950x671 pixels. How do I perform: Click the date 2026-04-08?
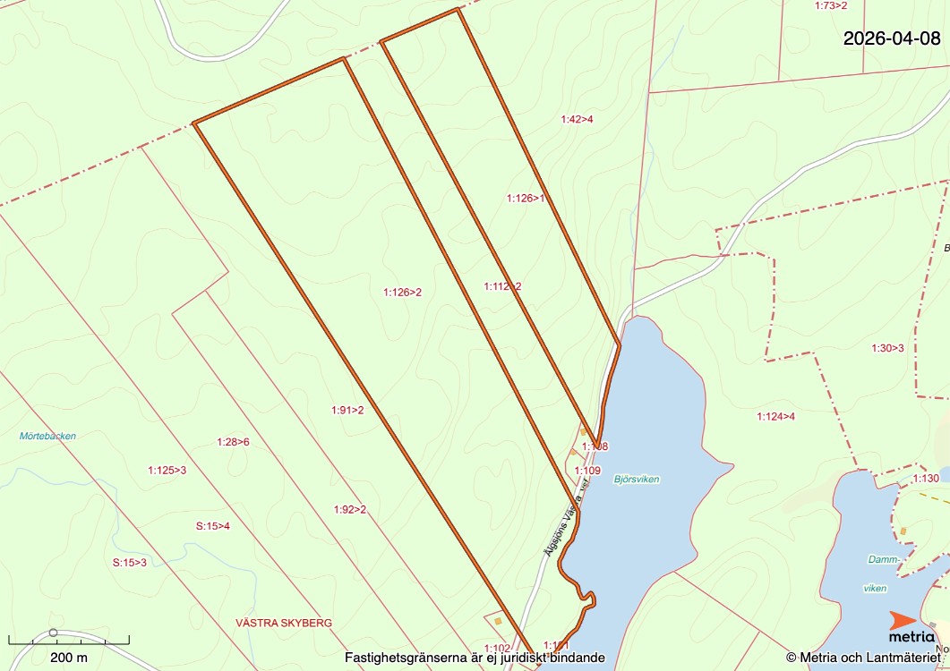892,38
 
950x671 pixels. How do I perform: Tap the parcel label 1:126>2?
402,292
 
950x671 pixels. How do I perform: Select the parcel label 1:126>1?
526,199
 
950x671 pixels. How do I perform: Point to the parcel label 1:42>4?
578,119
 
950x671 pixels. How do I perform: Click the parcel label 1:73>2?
830,5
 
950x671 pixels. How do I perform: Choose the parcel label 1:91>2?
347,411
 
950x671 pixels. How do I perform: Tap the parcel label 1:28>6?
233,442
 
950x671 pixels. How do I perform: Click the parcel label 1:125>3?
167,470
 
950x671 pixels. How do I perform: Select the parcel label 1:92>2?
350,510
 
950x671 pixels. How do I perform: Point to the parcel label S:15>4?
213,525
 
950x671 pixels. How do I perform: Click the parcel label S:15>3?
129,563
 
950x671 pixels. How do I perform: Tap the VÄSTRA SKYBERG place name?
284,623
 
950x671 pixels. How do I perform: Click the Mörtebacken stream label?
47,437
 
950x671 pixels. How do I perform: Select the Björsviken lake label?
637,480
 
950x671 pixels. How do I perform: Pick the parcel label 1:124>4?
775,416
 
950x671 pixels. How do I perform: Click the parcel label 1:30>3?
887,348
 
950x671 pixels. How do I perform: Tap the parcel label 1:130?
926,479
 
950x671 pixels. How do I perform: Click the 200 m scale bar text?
69,658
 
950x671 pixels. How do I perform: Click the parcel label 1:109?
587,471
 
